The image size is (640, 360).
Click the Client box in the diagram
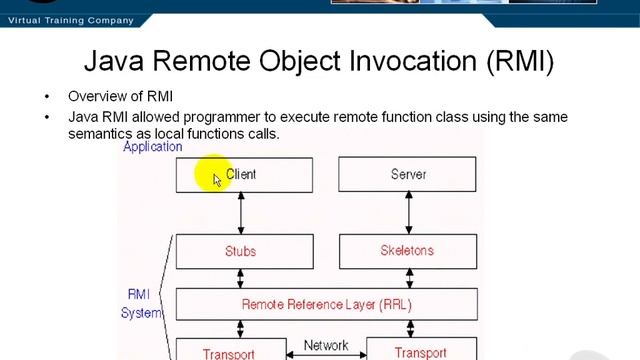244,174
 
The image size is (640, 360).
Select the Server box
407,174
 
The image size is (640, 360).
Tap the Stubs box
244,251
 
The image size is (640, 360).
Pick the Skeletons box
407,251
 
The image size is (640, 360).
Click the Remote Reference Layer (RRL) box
326,304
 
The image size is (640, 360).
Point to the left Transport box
228,351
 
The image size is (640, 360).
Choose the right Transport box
420,351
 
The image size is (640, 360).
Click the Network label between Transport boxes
325,346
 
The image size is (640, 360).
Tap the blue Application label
152,147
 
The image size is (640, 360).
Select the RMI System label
141,303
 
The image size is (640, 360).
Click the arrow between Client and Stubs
240,212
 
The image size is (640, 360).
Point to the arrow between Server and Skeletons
407,212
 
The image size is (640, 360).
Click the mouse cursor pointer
217,179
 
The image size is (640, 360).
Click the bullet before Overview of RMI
46,97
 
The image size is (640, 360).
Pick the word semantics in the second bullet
100,133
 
